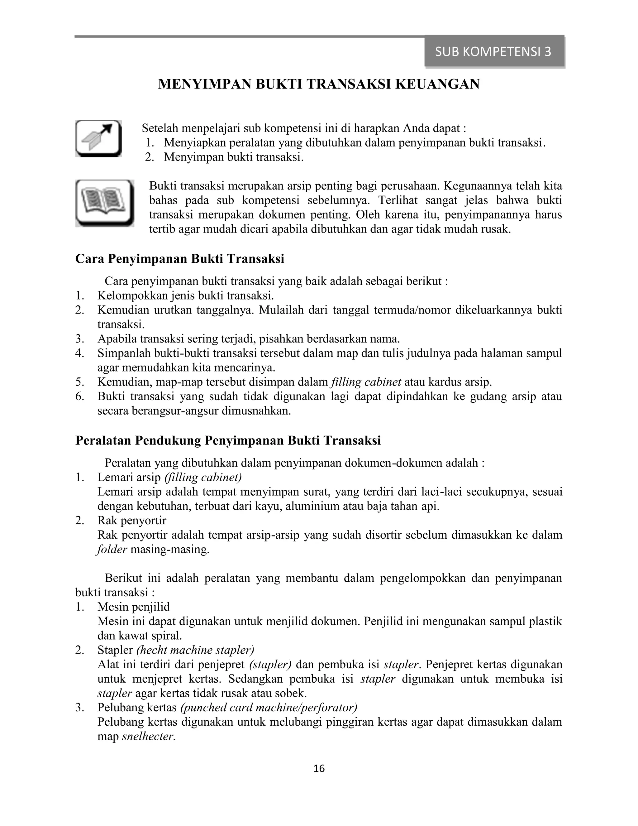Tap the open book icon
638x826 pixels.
(105, 203)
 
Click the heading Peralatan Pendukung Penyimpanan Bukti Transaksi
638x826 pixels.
(228, 441)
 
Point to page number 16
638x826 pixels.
(319, 769)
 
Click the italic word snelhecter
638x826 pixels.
(149, 736)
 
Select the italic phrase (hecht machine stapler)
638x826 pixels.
(195, 650)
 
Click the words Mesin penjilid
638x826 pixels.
(133, 607)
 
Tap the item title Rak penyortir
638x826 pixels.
(131, 521)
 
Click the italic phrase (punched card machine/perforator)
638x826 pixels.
(269, 708)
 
